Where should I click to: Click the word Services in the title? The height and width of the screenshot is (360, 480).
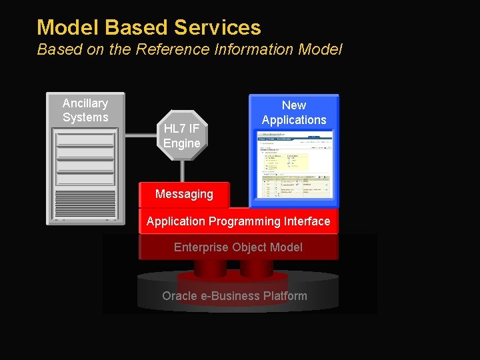tap(217, 27)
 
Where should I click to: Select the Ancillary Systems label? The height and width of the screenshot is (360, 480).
tap(85, 110)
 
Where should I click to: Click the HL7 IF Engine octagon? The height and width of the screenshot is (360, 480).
tap(182, 135)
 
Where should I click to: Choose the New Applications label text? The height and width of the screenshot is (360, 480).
tap(294, 113)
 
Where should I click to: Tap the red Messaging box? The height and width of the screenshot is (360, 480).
tap(184, 194)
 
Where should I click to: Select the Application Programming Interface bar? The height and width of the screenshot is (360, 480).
tap(238, 221)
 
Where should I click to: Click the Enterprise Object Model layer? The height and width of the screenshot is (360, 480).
tap(238, 247)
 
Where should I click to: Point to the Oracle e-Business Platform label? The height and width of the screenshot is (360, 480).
tap(235, 296)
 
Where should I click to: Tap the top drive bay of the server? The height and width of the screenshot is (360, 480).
tap(85, 139)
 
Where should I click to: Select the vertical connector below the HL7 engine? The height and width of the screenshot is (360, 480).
tap(182, 171)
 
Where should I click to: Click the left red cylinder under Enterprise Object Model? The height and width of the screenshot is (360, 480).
tap(210, 267)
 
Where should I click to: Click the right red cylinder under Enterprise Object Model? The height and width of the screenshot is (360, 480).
tap(256, 267)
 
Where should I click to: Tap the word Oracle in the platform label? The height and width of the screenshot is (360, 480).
tap(179, 296)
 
